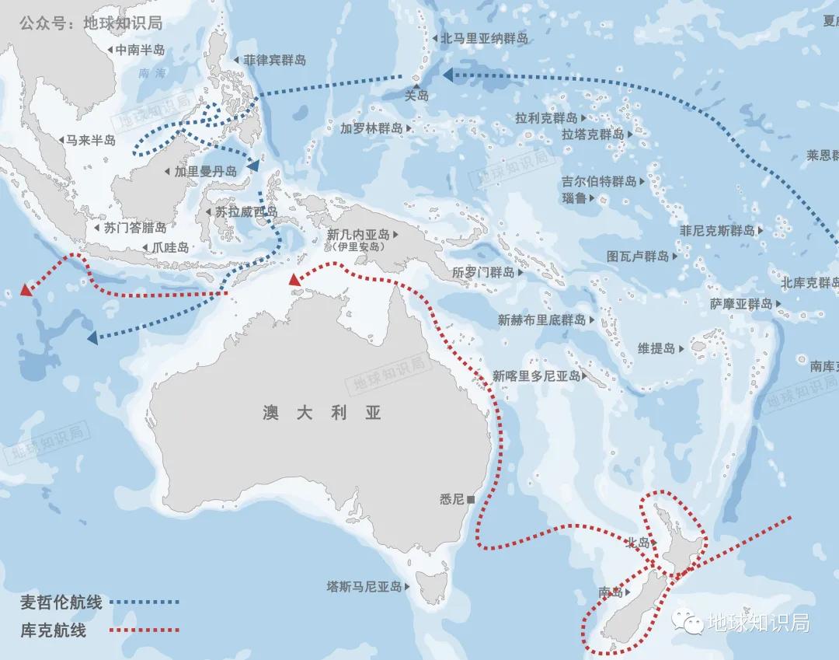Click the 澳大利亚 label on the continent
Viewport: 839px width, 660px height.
pyautogui.click(x=322, y=413)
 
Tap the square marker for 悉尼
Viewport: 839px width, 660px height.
pyautogui.click(x=472, y=498)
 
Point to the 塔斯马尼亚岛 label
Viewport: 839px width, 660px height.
pyautogui.click(x=364, y=586)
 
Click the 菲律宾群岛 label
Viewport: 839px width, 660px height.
pyautogui.click(x=274, y=60)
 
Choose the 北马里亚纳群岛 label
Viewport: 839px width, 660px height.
pyautogui.click(x=485, y=37)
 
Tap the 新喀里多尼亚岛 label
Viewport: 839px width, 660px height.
pyautogui.click(x=536, y=376)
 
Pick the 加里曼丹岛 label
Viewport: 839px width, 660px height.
pyautogui.click(x=206, y=172)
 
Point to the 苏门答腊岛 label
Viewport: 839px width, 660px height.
pyautogui.click(x=135, y=228)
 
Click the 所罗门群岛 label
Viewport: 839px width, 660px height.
pyautogui.click(x=483, y=272)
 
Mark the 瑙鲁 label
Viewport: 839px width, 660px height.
pyautogui.click(x=574, y=198)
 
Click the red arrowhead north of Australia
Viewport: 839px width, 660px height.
pyautogui.click(x=294, y=280)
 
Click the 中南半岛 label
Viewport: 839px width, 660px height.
pyautogui.click(x=140, y=50)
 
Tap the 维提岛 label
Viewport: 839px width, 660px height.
pyautogui.click(x=656, y=348)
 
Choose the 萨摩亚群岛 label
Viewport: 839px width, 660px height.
pyautogui.click(x=741, y=304)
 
